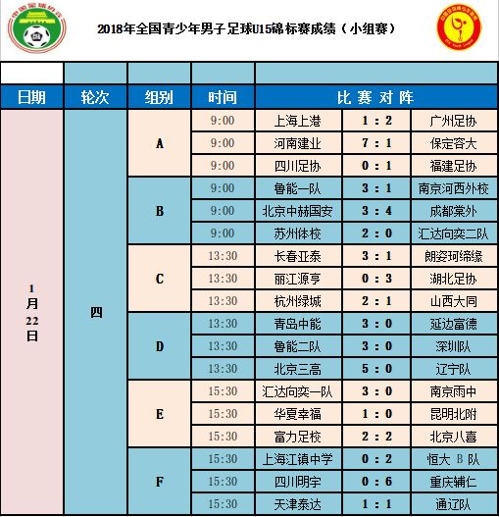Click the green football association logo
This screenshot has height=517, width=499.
pos(34,29)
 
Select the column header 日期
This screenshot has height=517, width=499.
pos(31,97)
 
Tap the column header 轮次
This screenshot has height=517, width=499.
pos(95,97)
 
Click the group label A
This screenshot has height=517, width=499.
pos(159,143)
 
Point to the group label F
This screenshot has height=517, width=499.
pos(159,482)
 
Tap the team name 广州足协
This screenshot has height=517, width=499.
pos(452,121)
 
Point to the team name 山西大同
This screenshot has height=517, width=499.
pos(452,301)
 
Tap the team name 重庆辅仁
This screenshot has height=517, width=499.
pos(452,482)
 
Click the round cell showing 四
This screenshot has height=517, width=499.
pos(95,312)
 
